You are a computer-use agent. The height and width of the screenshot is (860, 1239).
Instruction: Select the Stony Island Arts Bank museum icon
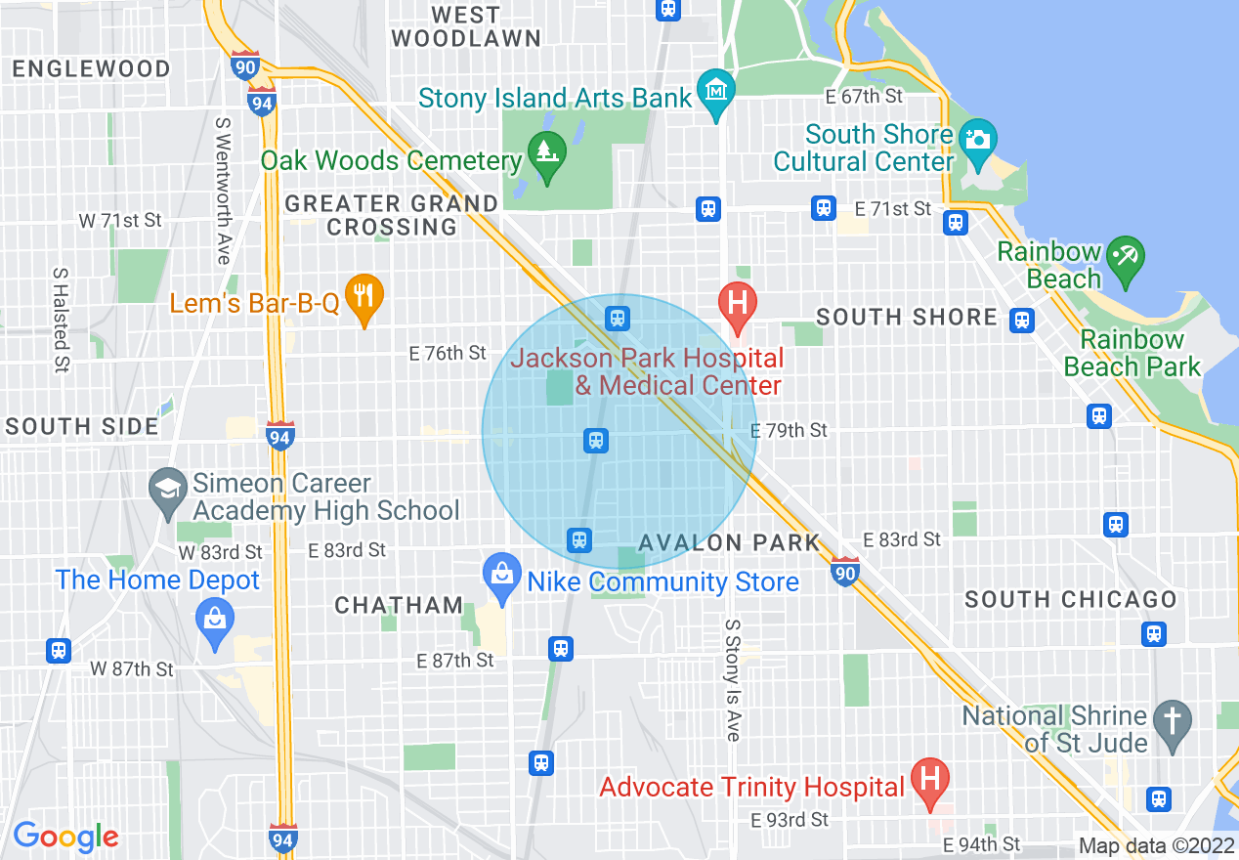[717, 91]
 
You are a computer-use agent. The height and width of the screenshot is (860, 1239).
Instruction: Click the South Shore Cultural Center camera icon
[977, 137]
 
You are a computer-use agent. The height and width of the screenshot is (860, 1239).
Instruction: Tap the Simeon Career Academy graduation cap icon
[168, 486]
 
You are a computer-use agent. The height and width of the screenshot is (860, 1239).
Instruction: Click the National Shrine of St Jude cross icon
[1173, 720]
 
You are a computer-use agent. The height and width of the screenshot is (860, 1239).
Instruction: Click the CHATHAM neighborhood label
[399, 606]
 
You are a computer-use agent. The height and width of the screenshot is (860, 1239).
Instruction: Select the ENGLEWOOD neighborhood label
[91, 69]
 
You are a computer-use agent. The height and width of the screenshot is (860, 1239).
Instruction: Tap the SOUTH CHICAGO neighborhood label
[1071, 600]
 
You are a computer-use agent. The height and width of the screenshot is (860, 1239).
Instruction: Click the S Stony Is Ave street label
[732, 679]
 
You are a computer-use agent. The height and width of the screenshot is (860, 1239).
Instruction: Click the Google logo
[65, 837]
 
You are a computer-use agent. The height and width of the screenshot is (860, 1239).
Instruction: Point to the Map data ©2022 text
[1154, 845]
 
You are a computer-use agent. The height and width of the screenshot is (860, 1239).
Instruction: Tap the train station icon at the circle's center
[596, 441]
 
